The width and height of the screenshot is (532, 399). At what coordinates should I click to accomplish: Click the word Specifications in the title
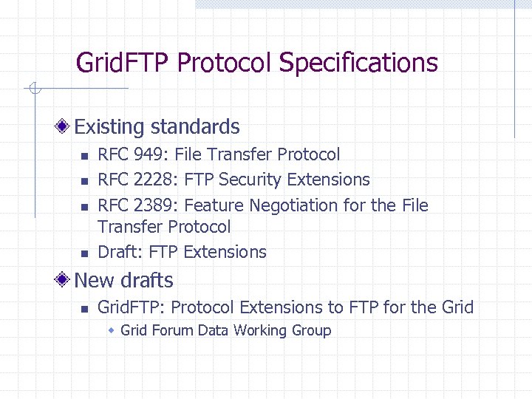pos(358,64)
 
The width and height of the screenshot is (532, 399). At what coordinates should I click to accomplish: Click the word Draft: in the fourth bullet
pos(120,252)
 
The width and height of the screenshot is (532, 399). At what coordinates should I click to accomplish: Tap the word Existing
pos(109,127)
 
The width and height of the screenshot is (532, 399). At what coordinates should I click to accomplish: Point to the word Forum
pos(172,330)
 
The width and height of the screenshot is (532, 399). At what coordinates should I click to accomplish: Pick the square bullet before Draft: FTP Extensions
pos(84,253)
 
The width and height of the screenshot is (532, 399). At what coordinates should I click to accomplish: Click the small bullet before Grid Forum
pos(112,330)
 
